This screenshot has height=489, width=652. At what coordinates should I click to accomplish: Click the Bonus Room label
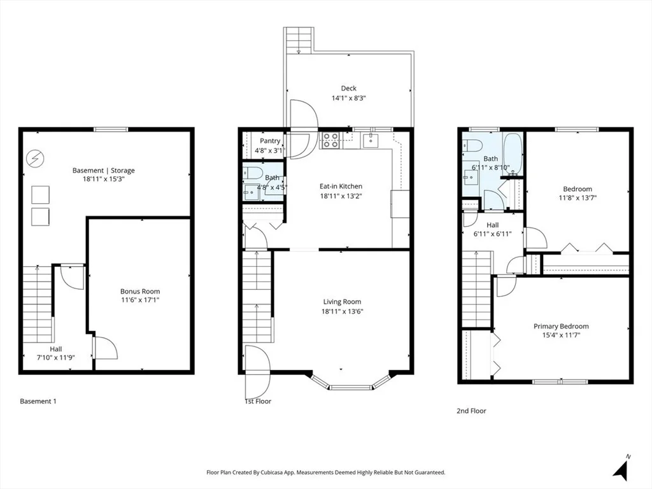pos(140,292)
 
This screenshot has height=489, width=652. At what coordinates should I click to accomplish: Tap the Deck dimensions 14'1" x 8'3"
pos(348,99)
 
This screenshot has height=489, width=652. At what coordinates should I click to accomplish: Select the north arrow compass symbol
pos(621,467)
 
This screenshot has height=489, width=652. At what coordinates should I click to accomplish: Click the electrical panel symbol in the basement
pos(34,159)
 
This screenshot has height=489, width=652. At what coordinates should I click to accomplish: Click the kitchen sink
pos(370,140)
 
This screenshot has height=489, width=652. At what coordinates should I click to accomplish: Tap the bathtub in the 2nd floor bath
pos(513,153)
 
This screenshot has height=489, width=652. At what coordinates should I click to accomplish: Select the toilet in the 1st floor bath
pos(252,172)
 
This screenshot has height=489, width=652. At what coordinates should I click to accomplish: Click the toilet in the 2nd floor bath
pos(473,146)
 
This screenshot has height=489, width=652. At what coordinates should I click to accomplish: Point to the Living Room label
pos(342,302)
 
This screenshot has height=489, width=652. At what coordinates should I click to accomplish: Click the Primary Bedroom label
pos(561,327)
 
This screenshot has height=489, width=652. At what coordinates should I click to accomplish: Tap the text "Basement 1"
pos(38,401)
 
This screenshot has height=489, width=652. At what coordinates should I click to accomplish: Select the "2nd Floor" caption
pos(471,411)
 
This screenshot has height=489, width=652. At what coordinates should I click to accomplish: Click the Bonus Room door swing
pos(106,348)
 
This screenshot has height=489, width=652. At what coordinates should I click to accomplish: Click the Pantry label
pos(270,141)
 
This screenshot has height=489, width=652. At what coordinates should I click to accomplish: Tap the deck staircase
pos(299,40)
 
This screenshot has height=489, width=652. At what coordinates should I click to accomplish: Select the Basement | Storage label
pos(104,171)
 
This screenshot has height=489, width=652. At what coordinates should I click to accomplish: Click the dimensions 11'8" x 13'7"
pos(578,198)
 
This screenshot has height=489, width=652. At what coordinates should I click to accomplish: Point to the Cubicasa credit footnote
pos(325,472)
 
